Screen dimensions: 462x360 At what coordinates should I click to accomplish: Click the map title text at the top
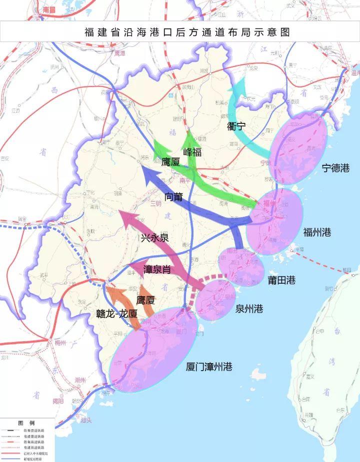[187, 32]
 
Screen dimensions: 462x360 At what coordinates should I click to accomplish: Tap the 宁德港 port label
[335, 168]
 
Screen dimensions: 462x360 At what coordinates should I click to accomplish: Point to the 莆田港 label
[281, 280]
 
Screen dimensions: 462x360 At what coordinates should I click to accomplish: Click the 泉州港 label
[249, 309]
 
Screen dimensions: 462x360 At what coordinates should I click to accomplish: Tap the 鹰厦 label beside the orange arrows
[145, 300]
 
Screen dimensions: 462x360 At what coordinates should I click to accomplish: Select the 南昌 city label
[49, 9]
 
